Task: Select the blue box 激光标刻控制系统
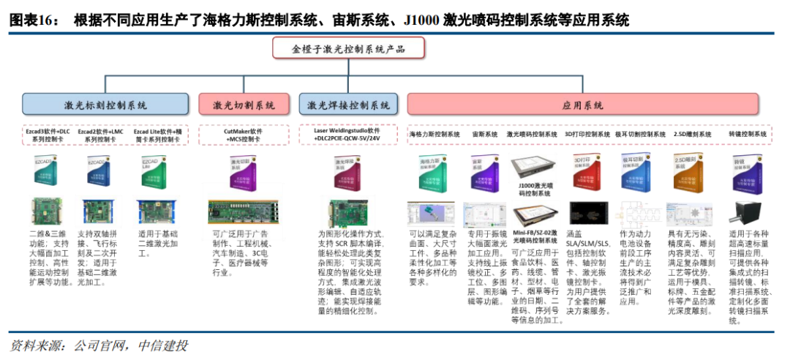pos(106,105)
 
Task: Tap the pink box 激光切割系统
pos(244,105)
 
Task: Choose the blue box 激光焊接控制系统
pos(348,105)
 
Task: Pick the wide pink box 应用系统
pos(583,105)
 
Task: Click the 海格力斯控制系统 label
pos(434,135)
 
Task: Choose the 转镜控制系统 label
pos(748,135)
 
